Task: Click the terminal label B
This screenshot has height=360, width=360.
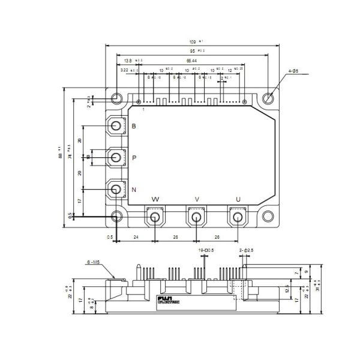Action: coord(133,126)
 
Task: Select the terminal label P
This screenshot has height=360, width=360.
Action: coord(133,158)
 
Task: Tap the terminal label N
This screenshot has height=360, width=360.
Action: coord(133,191)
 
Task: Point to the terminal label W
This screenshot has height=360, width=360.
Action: coord(156,199)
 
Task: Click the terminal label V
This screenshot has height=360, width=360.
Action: coord(196,199)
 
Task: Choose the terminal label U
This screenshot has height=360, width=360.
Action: coord(238,199)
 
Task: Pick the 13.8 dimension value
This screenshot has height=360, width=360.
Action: coord(128,61)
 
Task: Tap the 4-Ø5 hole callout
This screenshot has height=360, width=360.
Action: coord(294,71)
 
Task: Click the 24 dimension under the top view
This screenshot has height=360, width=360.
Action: coord(136,237)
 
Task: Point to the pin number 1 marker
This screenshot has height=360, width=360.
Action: coord(143,109)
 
